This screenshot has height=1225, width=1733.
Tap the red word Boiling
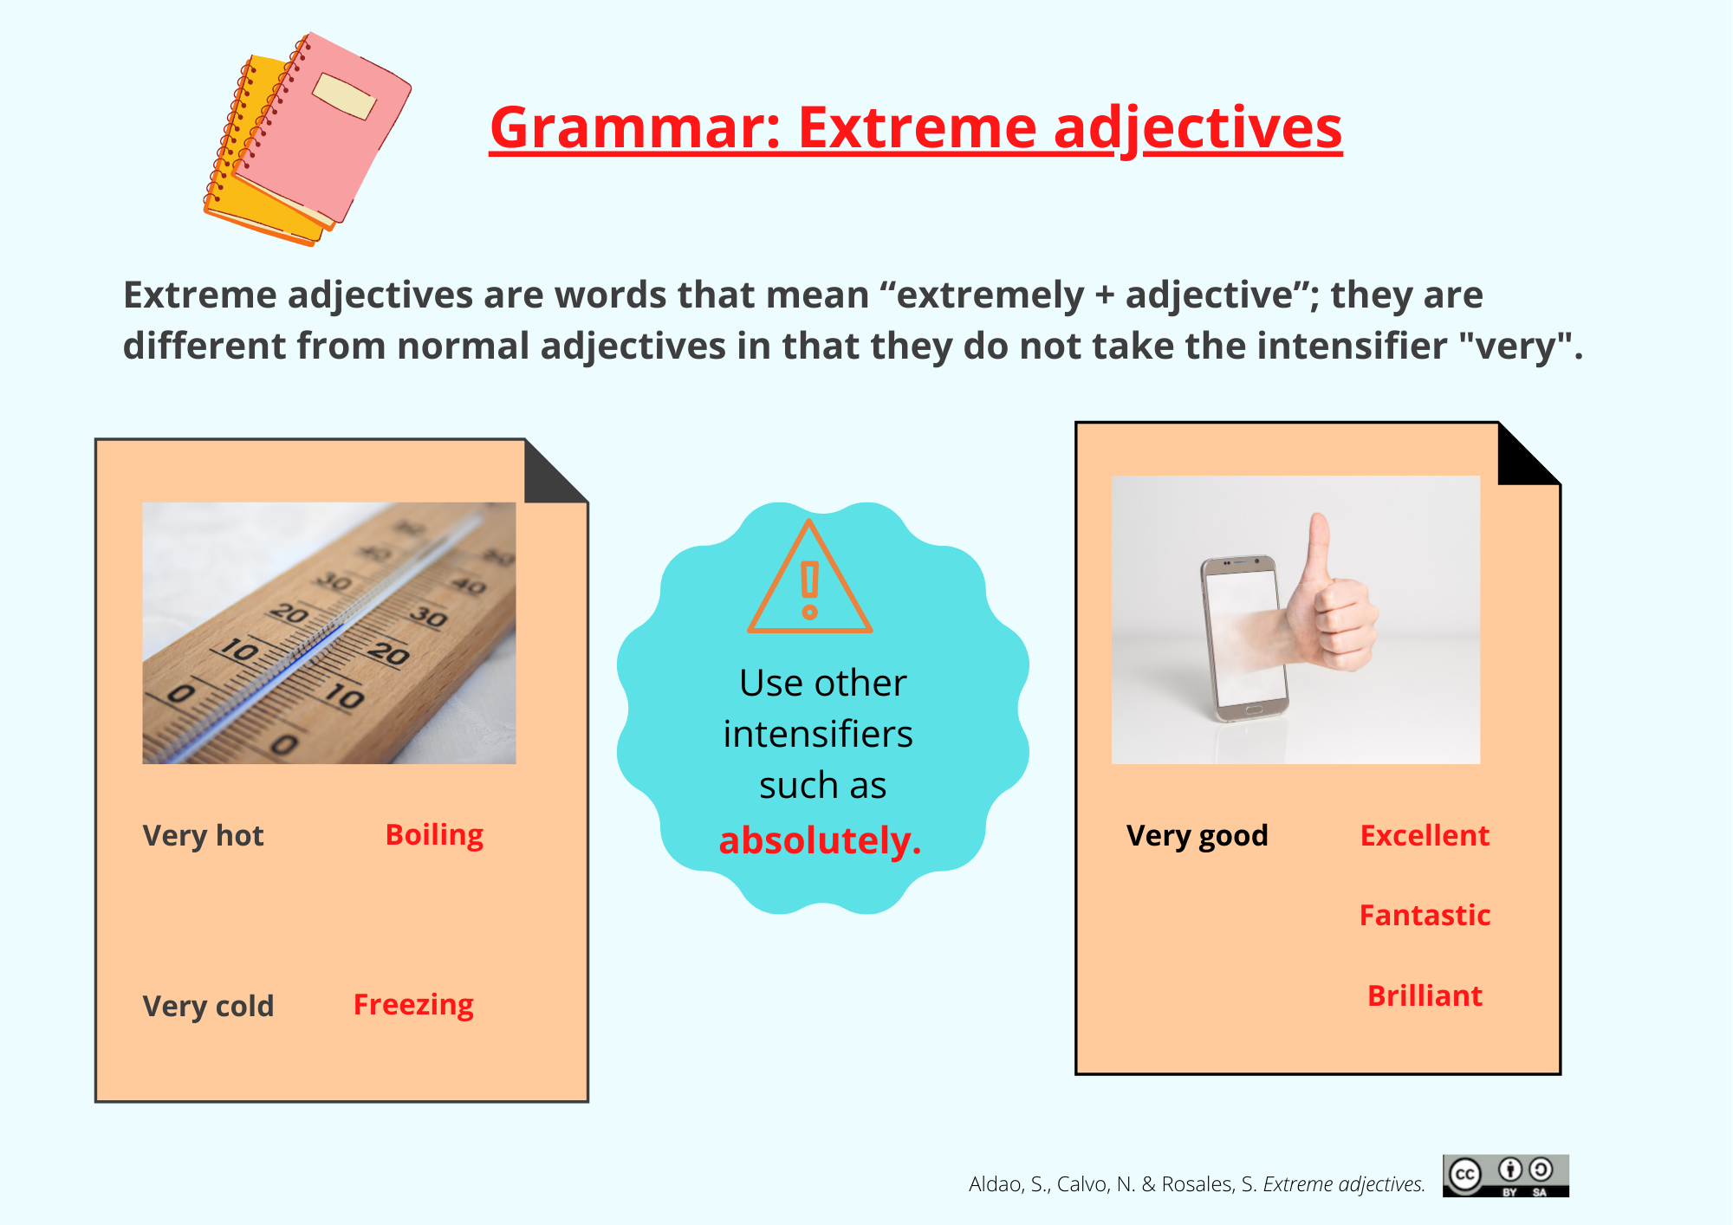click(x=434, y=835)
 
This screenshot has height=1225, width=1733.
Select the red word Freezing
click(x=413, y=1005)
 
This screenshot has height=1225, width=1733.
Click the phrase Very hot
click(x=203, y=835)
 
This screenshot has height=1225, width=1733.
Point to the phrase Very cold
click(x=208, y=1006)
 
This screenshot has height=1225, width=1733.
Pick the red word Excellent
click(x=1425, y=835)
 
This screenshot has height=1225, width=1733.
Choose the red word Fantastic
click(x=1425, y=915)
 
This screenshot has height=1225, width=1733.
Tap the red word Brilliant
click(x=1425, y=995)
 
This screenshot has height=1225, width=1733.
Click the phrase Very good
click(x=1197, y=835)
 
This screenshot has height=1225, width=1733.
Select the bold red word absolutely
click(x=820, y=840)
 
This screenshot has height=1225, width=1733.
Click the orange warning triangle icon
click(x=809, y=577)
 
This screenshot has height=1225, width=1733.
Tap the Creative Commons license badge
click(x=1506, y=1176)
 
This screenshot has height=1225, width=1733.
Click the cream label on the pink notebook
click(x=345, y=95)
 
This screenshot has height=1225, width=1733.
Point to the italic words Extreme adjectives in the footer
click(x=1344, y=1184)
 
